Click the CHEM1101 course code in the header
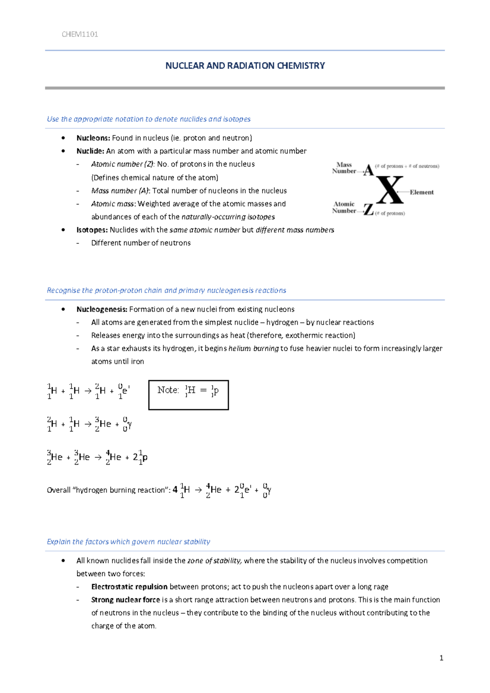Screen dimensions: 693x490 tap(80, 34)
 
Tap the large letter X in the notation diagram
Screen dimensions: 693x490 tap(390, 190)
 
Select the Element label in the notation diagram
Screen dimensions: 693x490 tap(422, 192)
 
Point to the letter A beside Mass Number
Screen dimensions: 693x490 tap(369, 170)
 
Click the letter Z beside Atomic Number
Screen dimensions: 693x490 tap(369, 210)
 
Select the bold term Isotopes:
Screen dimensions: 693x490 tap(92, 230)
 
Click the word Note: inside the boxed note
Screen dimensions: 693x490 tap(168, 390)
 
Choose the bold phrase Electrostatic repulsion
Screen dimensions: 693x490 tap(129, 586)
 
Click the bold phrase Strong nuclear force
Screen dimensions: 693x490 tap(125, 600)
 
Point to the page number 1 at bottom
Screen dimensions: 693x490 tap(441, 658)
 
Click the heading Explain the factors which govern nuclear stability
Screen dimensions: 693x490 tap(128, 542)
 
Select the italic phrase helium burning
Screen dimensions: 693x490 tap(254, 348)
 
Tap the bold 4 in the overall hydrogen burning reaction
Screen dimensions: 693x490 tap(175, 489)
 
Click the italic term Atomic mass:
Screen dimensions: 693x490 tap(114, 204)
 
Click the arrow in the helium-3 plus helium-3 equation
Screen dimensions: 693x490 tap(98, 458)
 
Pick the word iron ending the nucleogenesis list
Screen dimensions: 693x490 tap(137, 361)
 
